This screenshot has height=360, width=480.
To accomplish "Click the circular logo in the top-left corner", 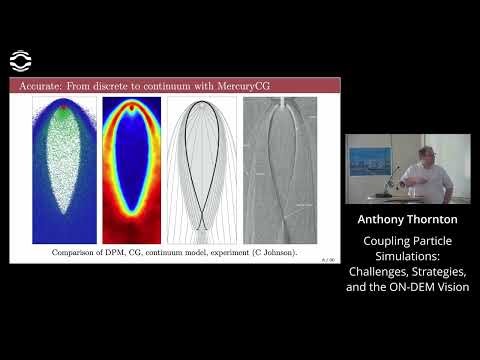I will coord(20,60).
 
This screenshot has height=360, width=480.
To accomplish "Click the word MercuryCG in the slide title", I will coord(232,88).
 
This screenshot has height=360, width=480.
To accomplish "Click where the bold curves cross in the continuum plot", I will coord(203,222).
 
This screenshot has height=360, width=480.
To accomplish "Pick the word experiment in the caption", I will coord(233,254).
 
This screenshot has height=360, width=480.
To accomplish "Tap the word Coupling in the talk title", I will coord(382,240).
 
